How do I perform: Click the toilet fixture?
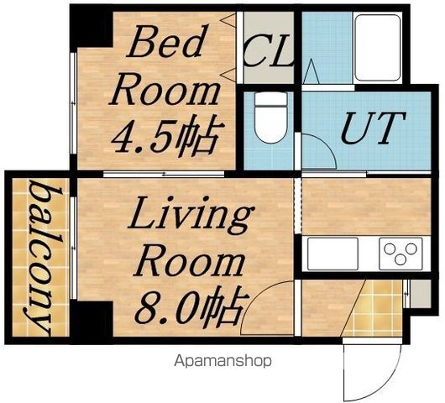[x=270, y=118]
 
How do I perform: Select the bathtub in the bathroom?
[x=378, y=48]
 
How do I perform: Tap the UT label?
[x=373, y=128]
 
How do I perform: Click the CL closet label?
[x=268, y=50]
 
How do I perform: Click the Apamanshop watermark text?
[x=222, y=361]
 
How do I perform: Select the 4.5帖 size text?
[x=165, y=136]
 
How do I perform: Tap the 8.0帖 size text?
[x=191, y=305]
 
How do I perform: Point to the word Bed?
[x=165, y=41]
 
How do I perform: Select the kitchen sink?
[x=332, y=254]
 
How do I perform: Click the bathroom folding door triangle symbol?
[x=311, y=71]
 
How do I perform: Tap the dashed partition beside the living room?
[x=297, y=205]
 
